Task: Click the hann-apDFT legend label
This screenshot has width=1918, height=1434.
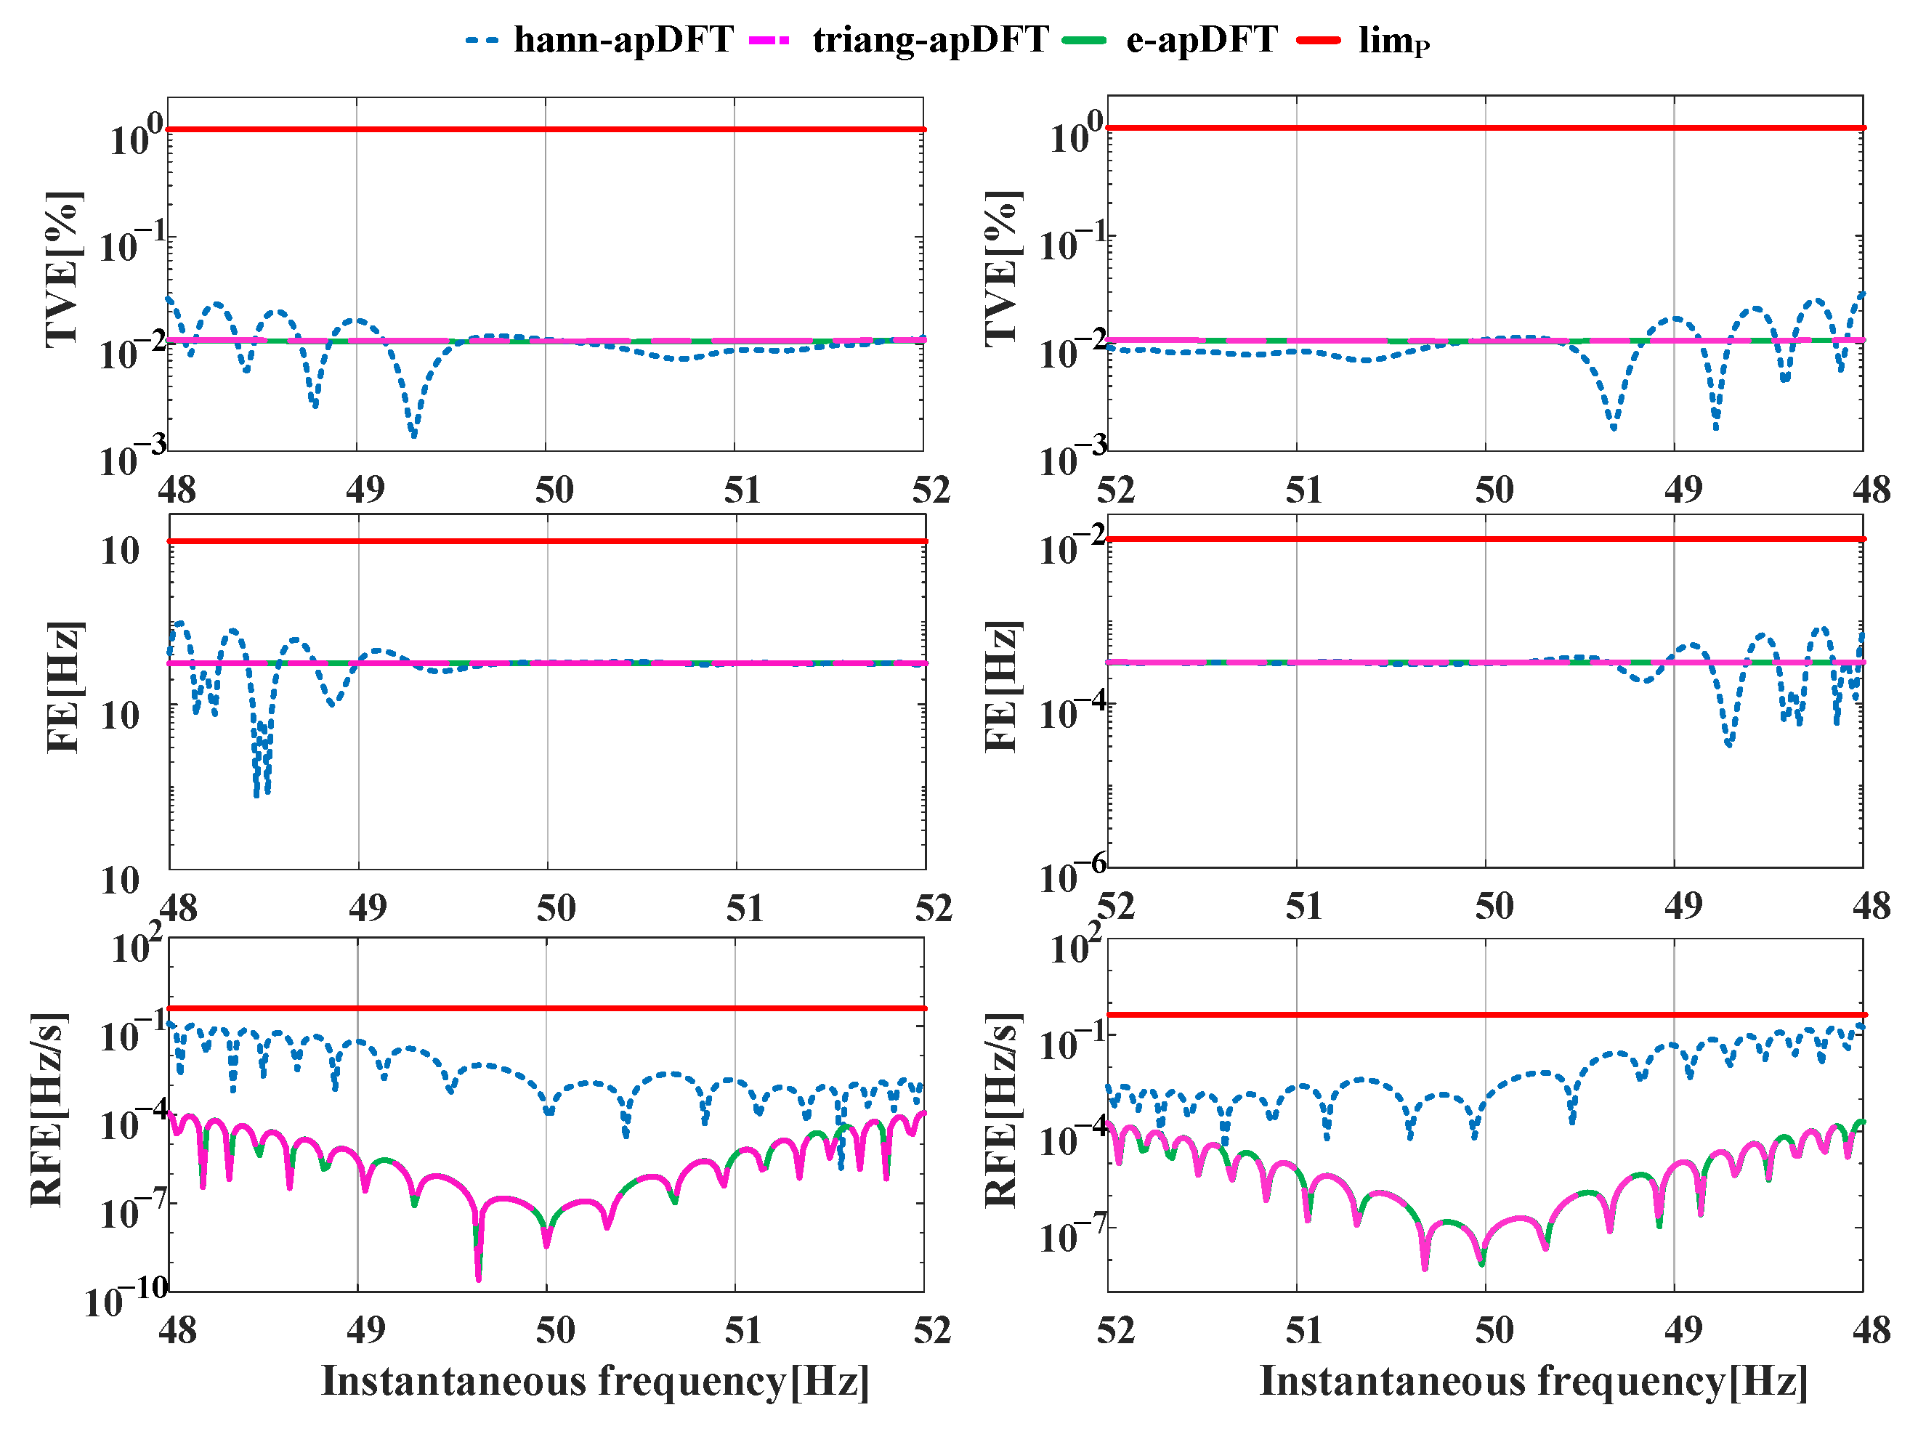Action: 623,40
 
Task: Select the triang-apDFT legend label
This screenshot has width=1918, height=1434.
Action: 931,40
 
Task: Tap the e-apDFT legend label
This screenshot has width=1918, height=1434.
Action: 1201,40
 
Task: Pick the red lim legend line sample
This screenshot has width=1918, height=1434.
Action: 1318,40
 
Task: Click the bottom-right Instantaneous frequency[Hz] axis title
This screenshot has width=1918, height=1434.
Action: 1533,1381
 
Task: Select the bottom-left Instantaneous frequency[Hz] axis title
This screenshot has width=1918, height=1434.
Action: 595,1381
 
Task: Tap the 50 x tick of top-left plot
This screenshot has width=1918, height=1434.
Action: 554,491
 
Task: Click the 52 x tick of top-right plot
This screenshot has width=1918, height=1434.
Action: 1116,491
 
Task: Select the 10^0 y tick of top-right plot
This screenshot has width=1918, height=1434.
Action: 1076,134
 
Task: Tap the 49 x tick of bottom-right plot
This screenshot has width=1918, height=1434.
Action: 1683,1330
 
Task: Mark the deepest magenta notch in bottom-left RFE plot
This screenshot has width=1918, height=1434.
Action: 479,1278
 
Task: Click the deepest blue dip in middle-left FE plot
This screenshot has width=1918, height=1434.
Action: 256,793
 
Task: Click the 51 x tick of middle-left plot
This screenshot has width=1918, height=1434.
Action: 745,909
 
